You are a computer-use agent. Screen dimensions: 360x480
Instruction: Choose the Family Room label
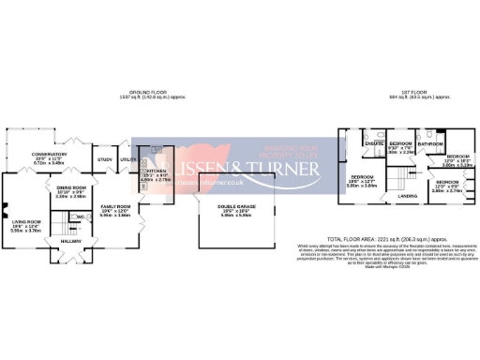[x=114, y=206]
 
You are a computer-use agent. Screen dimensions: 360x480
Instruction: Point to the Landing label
[x=407, y=196]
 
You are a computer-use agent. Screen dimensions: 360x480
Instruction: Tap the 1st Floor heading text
[x=409, y=92]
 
